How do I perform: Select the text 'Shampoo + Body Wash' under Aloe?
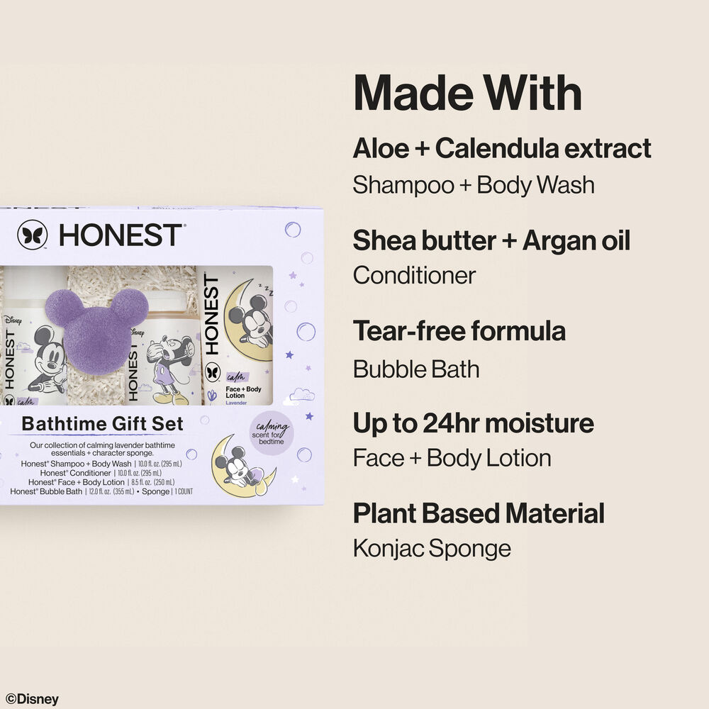click(474, 185)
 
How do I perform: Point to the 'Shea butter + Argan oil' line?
click(491, 240)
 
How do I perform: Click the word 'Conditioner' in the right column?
click(414, 276)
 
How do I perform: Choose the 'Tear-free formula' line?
click(459, 331)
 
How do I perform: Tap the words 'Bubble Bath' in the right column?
click(416, 369)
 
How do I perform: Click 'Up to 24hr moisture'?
click(473, 423)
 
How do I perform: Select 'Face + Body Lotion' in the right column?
click(452, 458)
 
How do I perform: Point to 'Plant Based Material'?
click(479, 513)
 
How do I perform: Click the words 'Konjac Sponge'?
click(432, 548)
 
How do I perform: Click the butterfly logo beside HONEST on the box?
click(33, 235)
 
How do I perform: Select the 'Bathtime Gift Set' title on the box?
click(103, 424)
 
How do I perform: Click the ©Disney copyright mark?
click(33, 698)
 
